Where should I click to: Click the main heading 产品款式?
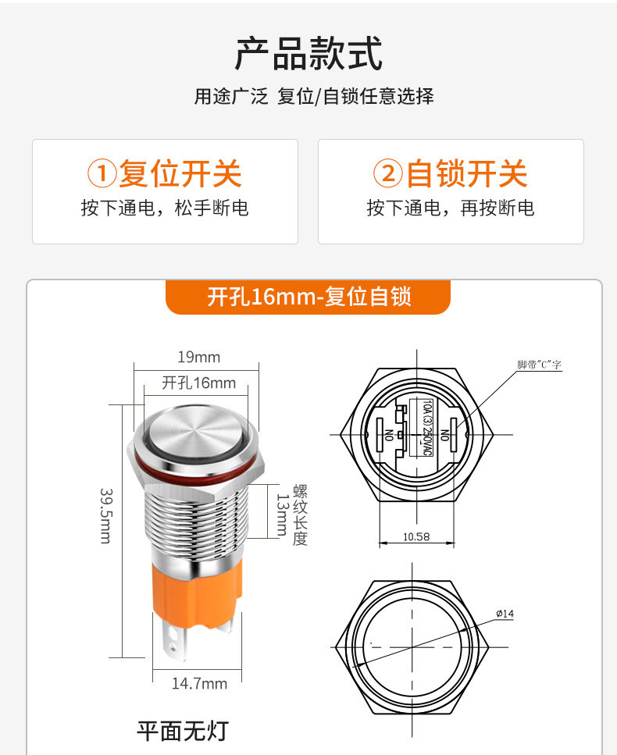[x=308, y=53]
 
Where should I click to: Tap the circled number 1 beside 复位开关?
[x=102, y=173]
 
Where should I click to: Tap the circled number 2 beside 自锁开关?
[x=387, y=173]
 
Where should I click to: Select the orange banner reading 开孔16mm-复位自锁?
[x=308, y=297]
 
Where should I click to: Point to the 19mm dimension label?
[x=199, y=358]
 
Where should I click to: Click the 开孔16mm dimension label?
[x=199, y=383]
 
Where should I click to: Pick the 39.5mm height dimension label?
[x=106, y=515]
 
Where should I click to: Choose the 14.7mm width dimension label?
[x=199, y=683]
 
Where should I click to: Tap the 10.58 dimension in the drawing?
[x=416, y=536]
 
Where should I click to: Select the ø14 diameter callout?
[x=505, y=614]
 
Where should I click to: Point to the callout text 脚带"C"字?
[x=540, y=365]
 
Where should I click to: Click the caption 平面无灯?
[x=183, y=731]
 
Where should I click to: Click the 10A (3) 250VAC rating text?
[x=427, y=427]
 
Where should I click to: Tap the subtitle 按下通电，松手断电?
[x=165, y=208]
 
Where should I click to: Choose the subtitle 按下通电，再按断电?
[x=451, y=208]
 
